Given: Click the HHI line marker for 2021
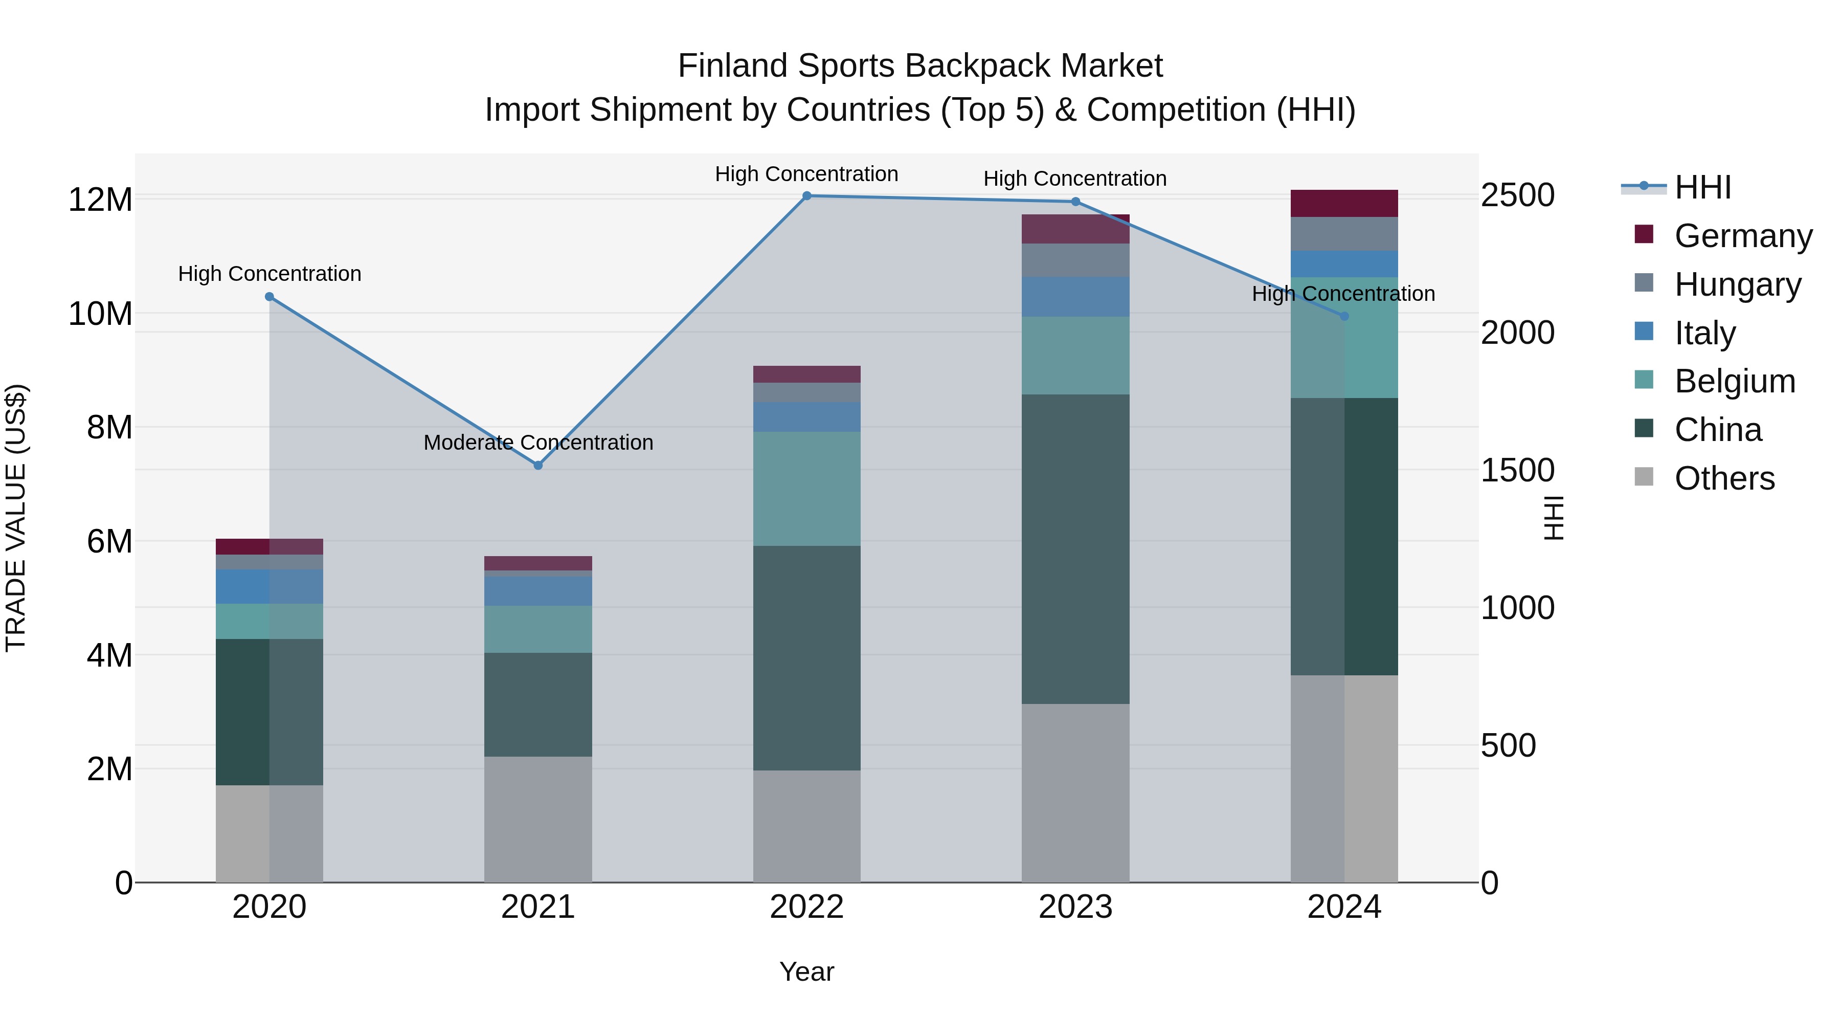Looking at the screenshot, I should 538,466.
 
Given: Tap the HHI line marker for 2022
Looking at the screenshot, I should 807,196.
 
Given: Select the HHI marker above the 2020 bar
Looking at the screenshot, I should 270,297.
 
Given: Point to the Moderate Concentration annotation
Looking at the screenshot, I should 538,443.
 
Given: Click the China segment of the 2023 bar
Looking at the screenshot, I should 1075,549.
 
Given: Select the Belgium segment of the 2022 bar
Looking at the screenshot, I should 807,489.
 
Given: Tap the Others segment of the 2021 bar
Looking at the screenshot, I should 538,820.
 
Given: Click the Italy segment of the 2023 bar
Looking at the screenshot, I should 1075,297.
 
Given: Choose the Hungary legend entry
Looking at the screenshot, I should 1737,284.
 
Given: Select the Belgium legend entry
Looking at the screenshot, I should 1735,381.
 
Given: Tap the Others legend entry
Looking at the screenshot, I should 1724,478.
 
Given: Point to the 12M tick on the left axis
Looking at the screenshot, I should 100,200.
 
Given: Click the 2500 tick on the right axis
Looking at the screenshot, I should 1517,195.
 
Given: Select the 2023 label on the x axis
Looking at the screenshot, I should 1075,907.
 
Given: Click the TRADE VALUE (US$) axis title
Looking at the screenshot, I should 16,518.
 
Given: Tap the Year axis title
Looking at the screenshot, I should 807,972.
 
